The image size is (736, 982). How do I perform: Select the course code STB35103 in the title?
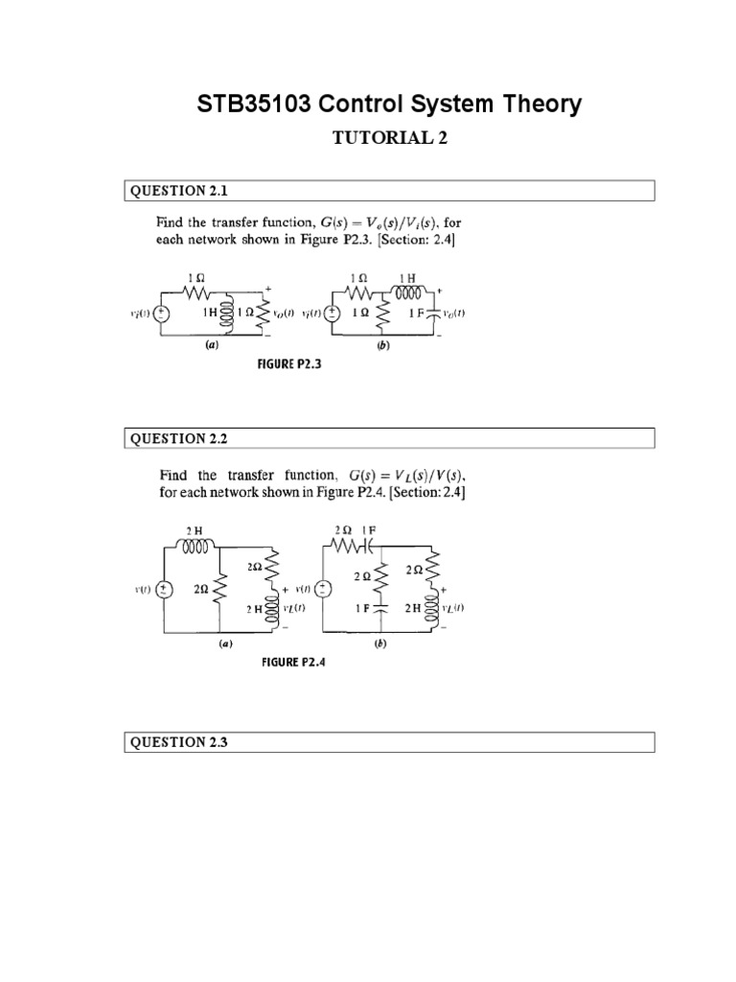coord(257,104)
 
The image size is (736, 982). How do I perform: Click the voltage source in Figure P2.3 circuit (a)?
coord(161,313)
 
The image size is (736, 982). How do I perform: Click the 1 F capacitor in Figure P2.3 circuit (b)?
coord(437,313)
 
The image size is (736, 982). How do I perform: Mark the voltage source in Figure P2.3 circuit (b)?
coord(332,313)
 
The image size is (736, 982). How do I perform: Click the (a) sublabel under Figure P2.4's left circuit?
coord(224,645)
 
